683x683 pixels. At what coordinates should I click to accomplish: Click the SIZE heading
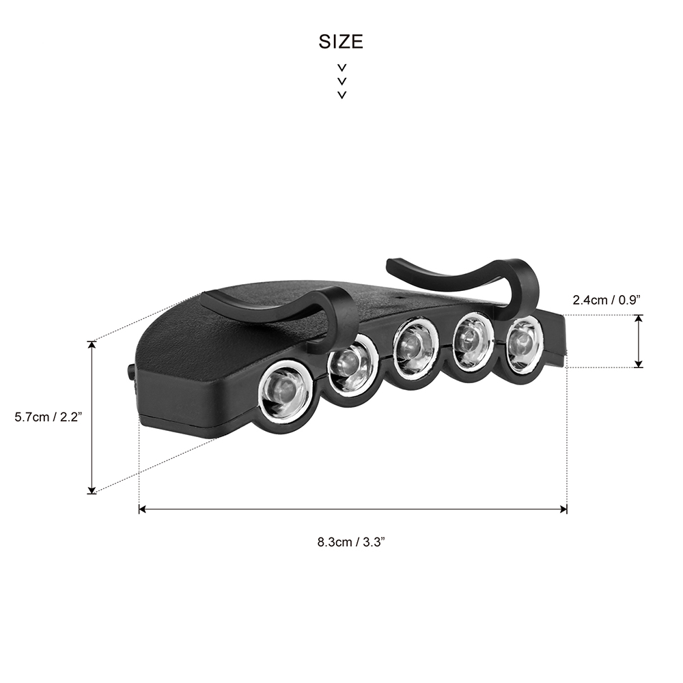(x=341, y=42)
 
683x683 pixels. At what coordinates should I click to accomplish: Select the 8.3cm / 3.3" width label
(x=352, y=542)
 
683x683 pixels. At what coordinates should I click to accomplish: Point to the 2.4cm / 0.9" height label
(x=606, y=299)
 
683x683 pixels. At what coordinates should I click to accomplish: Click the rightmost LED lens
(x=523, y=341)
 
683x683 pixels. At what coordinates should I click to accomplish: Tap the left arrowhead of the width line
(x=142, y=509)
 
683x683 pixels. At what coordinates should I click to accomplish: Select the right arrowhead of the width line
(x=563, y=509)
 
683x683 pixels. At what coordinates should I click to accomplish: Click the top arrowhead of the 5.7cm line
(x=92, y=344)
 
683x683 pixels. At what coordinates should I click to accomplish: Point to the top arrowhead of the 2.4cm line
(x=639, y=318)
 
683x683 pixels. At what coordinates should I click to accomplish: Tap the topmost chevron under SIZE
(x=341, y=68)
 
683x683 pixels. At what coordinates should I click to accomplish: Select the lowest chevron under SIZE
(x=341, y=94)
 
